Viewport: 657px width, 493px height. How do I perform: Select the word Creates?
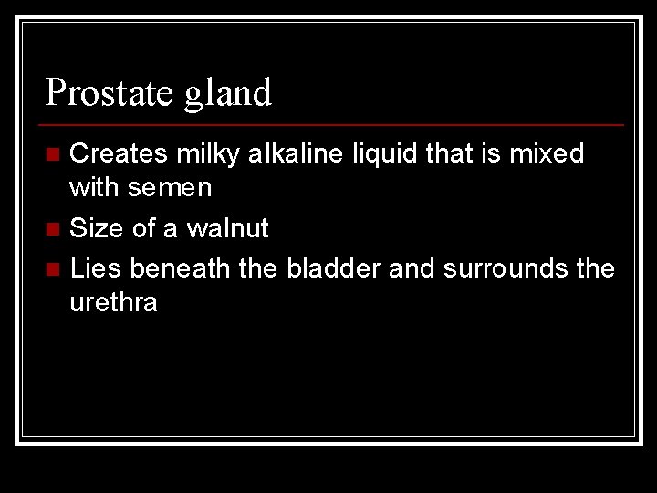click(119, 153)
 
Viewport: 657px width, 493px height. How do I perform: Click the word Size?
click(97, 228)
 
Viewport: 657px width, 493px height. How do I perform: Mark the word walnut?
click(227, 228)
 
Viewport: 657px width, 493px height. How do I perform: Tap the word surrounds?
click(503, 268)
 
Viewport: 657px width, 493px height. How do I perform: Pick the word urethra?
click(113, 303)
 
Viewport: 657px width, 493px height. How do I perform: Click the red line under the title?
click(334, 124)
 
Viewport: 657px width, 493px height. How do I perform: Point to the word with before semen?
click(95, 188)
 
